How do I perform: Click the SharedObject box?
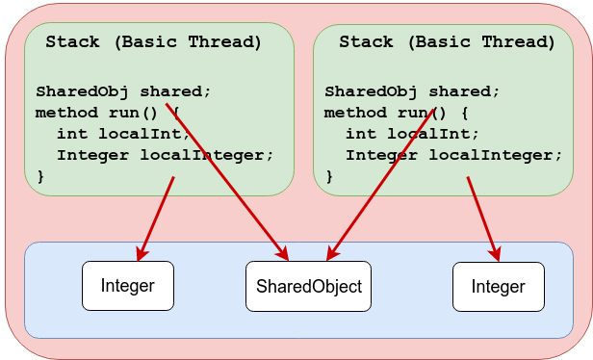[308, 286]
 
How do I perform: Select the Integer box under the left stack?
[128, 286]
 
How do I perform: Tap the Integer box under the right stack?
[499, 287]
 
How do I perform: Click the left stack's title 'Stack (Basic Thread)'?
[154, 42]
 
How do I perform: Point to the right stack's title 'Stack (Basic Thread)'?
[447, 42]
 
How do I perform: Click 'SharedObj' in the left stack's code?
[82, 91]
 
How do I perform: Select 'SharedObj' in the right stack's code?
[371, 91]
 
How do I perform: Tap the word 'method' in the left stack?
[66, 113]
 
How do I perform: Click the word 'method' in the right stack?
[355, 113]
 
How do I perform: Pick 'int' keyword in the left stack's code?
[72, 134]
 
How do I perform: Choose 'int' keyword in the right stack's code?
[361, 134]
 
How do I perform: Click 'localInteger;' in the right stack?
[496, 155]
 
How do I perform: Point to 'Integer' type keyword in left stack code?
[92, 155]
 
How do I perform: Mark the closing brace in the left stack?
[40, 176]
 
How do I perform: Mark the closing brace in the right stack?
[329, 176]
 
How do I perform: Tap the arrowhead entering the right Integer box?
[496, 254]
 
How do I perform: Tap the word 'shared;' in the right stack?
[464, 91]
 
